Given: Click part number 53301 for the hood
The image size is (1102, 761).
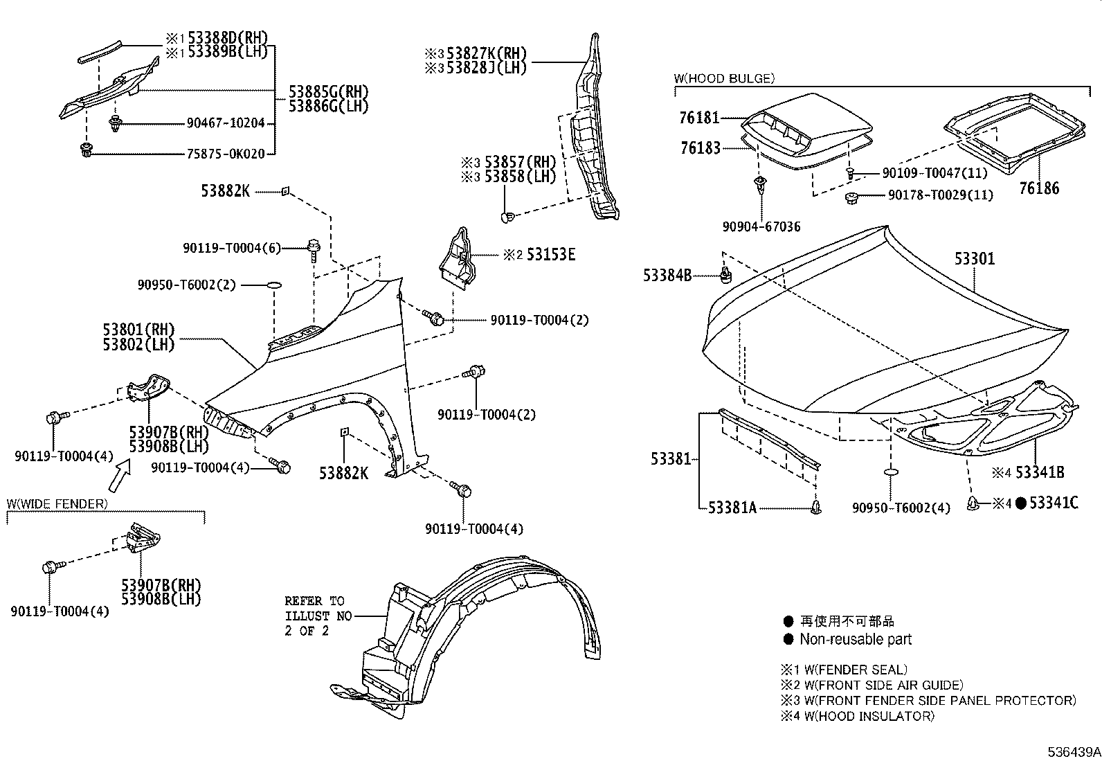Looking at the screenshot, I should click(975, 259).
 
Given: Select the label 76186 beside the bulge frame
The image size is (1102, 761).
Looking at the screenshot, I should click(1038, 188).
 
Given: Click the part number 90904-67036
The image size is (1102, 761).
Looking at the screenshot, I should click(761, 226).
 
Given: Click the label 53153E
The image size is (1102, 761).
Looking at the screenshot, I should click(550, 254).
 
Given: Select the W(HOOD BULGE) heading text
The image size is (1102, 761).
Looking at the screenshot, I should click(723, 78).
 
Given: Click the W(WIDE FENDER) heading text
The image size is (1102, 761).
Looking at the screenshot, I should click(57, 503).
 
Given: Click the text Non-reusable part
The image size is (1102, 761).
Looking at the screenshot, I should click(856, 639).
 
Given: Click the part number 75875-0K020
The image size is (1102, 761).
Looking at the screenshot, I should click(226, 154).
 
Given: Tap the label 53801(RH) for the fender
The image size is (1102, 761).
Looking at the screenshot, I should click(139, 329).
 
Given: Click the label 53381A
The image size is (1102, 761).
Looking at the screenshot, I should click(732, 508).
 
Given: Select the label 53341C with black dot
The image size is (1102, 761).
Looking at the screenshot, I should click(1053, 503).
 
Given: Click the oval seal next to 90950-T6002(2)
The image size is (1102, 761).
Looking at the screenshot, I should click(275, 285).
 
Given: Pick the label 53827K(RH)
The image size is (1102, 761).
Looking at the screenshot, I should click(486, 53).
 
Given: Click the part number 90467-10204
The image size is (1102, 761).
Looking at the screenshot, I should click(226, 123).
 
